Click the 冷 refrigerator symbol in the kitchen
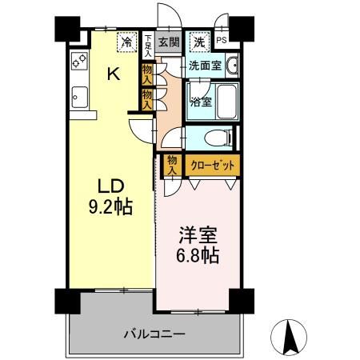pos(127,42)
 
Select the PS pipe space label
pos(222,42)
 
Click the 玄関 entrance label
pos(167,42)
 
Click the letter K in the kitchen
pos(114,76)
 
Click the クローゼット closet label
pos(210,166)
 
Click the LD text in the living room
pos(111,186)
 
